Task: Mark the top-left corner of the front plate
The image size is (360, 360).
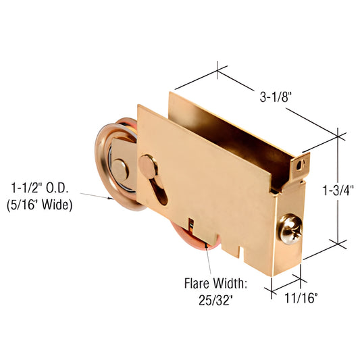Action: [x=138, y=105]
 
